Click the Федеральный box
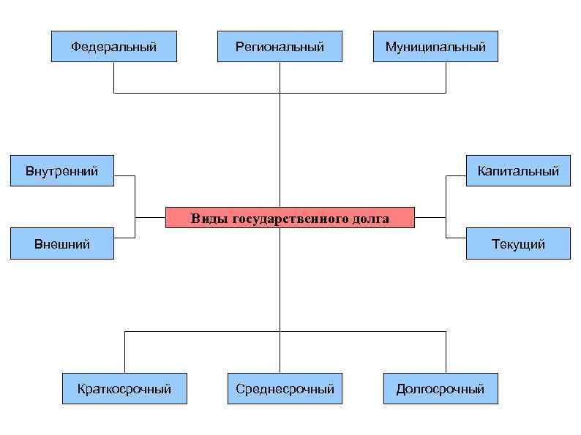point(113,47)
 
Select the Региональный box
point(280,47)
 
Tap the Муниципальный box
point(435,47)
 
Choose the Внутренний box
point(62,172)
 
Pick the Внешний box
point(62,244)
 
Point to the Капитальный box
point(518,171)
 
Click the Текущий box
point(518,244)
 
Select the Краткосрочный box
point(124,388)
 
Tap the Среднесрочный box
point(285,388)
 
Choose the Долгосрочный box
point(441,388)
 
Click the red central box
point(290,218)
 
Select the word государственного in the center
point(289,218)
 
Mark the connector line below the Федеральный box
point(113,77)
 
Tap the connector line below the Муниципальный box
point(446,77)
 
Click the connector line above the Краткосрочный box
point(124,352)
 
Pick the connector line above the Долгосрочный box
point(446,352)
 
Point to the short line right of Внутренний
point(124,176)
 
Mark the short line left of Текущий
point(456,238)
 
